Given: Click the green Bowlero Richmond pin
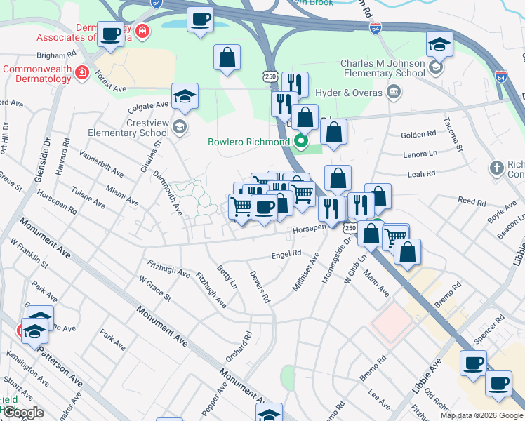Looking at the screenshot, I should pos(303,142).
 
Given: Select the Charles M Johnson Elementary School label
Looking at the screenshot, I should pos(383,68).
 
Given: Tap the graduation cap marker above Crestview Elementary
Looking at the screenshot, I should pos(185,97).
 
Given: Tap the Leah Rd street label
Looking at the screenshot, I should pos(421,173).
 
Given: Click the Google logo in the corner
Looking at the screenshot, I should pos(24,413).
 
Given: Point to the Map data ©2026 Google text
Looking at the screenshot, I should pos(481,415).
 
